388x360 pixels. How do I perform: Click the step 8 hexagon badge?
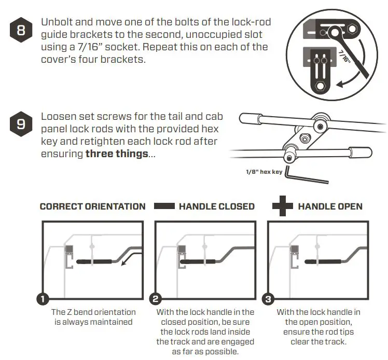[21, 30]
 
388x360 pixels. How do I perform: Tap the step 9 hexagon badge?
[21, 124]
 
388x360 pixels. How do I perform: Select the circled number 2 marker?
[155, 299]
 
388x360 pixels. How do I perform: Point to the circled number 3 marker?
[268, 299]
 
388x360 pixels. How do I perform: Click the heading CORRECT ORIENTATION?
[92, 206]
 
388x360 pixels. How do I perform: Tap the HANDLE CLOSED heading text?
[216, 206]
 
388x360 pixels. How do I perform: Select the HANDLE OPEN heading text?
[330, 206]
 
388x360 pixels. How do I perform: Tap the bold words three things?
[116, 154]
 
